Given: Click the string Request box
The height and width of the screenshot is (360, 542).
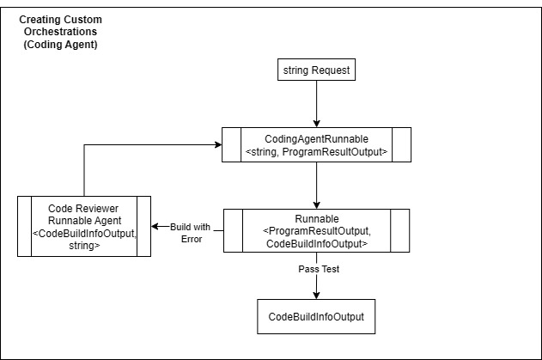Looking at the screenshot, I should coord(316,70).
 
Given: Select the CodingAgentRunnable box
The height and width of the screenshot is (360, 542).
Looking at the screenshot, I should coord(316,144).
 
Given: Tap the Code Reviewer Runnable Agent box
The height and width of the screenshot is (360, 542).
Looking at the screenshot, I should coord(84,226).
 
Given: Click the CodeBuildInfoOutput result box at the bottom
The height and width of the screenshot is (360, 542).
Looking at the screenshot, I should coord(316,317).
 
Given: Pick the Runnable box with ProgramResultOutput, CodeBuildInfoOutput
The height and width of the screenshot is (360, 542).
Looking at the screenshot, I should coord(316,230).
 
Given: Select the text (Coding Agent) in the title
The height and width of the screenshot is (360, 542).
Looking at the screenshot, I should coord(60,44).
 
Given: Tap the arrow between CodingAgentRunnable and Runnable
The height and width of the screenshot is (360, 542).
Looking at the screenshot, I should coord(316,184).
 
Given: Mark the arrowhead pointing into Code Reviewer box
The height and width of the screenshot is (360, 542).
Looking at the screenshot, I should coord(156,226).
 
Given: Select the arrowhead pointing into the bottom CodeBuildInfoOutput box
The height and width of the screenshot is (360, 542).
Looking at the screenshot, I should coord(316,295).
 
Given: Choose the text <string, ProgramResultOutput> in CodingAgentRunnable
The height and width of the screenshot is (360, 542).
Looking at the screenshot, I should coord(316,152).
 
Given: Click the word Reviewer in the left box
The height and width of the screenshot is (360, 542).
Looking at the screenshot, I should coord(97,209).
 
